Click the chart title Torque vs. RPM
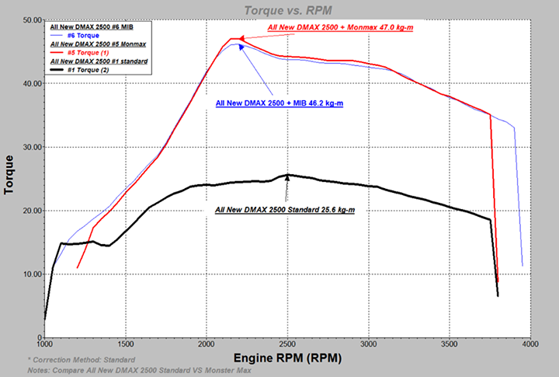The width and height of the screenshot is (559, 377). pyautogui.click(x=279, y=9)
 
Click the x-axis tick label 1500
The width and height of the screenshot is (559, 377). pyautogui.click(x=126, y=343)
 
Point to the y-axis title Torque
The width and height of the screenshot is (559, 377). pyautogui.click(x=10, y=178)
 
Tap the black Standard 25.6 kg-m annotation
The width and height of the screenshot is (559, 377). pyautogui.click(x=285, y=210)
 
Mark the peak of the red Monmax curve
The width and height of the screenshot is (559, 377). pyautogui.click(x=234, y=39)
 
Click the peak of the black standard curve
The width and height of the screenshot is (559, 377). pyautogui.click(x=288, y=175)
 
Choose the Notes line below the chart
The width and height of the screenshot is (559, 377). pyautogui.click(x=139, y=370)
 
